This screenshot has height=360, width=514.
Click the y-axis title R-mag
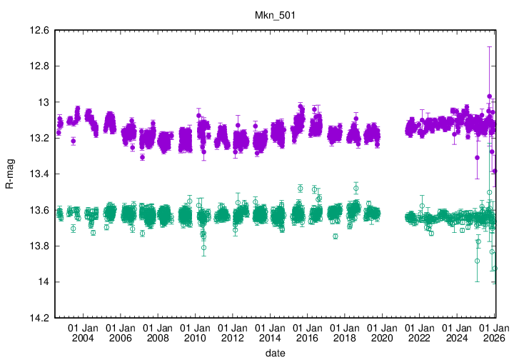click(x=10, y=174)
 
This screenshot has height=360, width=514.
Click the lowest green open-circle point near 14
click(x=495, y=268)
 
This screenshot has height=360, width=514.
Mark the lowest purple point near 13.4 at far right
click(x=495, y=171)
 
